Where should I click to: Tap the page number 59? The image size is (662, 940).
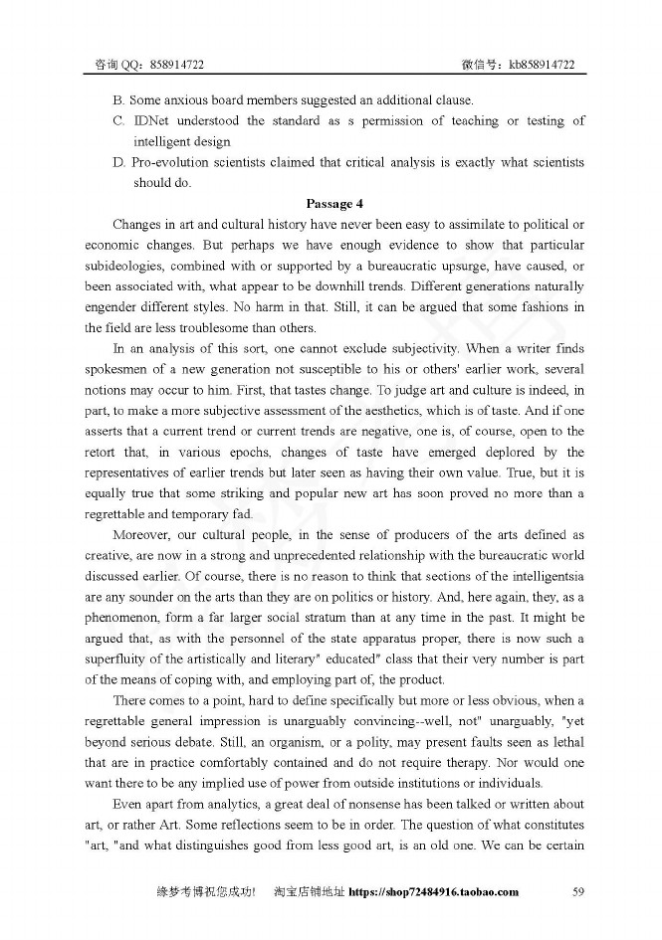[x=577, y=891]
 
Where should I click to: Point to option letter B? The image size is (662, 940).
[x=117, y=100]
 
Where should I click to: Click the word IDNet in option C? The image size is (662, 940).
[x=152, y=121]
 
